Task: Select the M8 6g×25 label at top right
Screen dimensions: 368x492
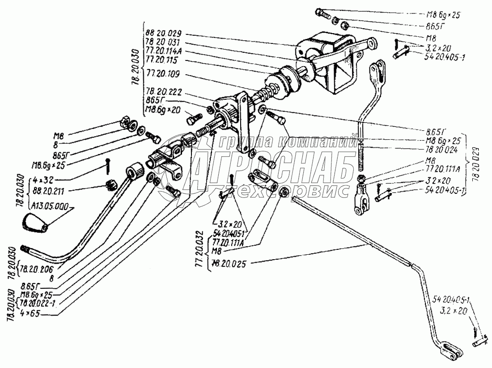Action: (x=442, y=14)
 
